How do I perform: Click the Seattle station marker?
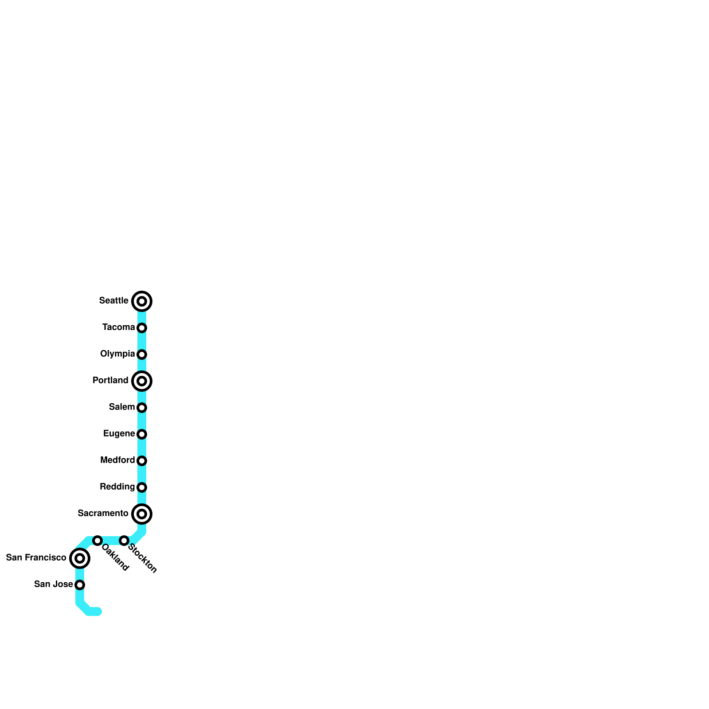[142, 301]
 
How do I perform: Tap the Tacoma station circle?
[142, 328]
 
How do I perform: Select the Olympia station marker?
[142, 354]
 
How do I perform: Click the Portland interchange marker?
[142, 381]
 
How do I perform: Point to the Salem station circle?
[142, 408]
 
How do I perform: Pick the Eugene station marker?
[142, 434]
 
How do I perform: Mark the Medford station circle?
[142, 461]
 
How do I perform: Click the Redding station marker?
[142, 487]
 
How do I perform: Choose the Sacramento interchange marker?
[142, 514]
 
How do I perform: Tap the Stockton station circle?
[124, 541]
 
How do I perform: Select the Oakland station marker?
[97, 541]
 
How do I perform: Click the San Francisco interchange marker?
[80, 558]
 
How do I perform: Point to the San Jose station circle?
[80, 585]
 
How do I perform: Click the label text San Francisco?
[36, 557]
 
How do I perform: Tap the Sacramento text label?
[103, 513]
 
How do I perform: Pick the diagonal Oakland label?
[115, 557]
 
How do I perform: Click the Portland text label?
[110, 380]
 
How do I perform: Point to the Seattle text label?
[113, 300]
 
